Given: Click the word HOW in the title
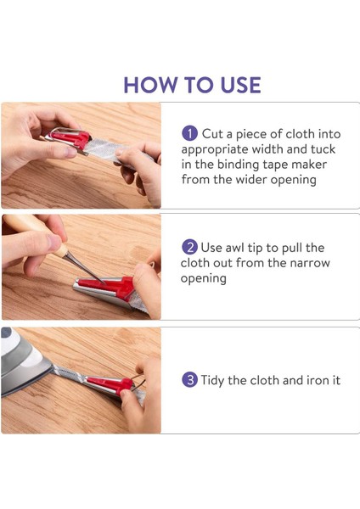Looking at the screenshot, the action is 150,85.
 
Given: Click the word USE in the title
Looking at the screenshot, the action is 240,85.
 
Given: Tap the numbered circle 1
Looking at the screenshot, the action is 189,133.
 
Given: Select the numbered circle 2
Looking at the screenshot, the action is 189,248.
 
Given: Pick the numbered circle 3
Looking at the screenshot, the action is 189,380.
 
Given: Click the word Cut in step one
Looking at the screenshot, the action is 212,134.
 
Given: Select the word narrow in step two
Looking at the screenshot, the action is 310,263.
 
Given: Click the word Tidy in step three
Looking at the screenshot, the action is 212,380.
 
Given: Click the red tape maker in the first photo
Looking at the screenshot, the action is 70,138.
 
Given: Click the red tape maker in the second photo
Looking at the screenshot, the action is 107,288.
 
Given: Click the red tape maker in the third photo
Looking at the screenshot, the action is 110,384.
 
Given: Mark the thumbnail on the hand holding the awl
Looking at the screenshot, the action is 53,242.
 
